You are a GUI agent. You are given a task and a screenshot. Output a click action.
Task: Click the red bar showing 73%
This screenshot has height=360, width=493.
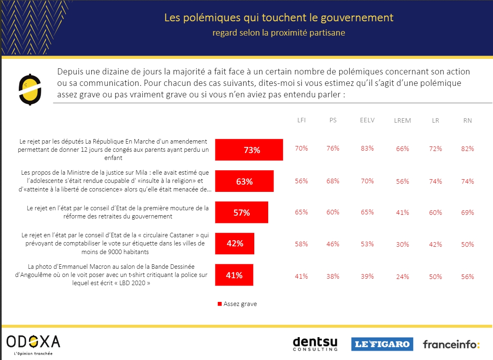coord(249,150)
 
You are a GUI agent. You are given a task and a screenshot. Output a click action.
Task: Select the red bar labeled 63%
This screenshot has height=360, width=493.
coord(244,181)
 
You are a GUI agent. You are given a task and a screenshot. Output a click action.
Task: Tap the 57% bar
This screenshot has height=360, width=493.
coord(242,212)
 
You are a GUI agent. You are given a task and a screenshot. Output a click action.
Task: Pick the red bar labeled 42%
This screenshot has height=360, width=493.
coord(235,243)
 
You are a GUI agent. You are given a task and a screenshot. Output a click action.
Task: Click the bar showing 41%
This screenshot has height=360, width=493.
coord(234,275)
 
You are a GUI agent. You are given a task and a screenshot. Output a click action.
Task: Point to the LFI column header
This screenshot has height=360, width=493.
coord(301,120)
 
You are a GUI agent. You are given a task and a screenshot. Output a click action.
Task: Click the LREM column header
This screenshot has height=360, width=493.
coord(403,121)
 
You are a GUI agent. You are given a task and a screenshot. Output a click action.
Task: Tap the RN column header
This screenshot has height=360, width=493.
coord(467,120)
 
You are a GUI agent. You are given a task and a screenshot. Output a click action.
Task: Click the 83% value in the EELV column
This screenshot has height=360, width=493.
coord(367,148)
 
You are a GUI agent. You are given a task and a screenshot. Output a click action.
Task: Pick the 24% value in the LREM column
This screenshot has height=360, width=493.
coord(403,277)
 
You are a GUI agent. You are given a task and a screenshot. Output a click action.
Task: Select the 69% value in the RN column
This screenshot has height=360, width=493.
coord(467,212)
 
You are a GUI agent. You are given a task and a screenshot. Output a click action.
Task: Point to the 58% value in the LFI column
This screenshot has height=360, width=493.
coord(301,244)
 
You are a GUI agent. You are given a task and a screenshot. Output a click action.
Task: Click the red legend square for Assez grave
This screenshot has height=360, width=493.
coord(219,304)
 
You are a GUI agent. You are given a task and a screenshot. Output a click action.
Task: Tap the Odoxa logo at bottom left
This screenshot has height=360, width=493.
coord(33,343)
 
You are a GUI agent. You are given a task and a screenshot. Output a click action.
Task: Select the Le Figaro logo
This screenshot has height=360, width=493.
coord(382,344)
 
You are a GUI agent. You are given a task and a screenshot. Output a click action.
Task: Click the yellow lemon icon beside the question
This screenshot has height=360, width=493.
coord(30,90)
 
